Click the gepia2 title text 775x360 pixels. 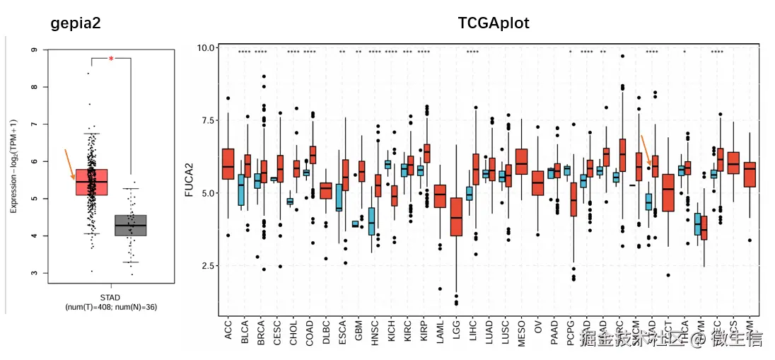click(75, 23)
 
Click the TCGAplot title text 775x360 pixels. click(494, 23)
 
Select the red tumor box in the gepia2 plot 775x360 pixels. click(91, 182)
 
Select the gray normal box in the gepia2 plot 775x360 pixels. click(130, 226)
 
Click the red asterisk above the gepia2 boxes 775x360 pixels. click(111, 59)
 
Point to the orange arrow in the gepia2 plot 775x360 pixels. click(69, 164)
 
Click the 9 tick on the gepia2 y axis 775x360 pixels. click(35, 50)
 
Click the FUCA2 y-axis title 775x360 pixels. click(189, 180)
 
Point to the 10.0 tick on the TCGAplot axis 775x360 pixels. click(206, 48)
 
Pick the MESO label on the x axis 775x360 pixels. click(522, 330)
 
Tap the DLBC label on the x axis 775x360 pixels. click(326, 330)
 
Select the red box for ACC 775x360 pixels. click(228, 163)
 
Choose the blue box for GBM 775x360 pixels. click(355, 224)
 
